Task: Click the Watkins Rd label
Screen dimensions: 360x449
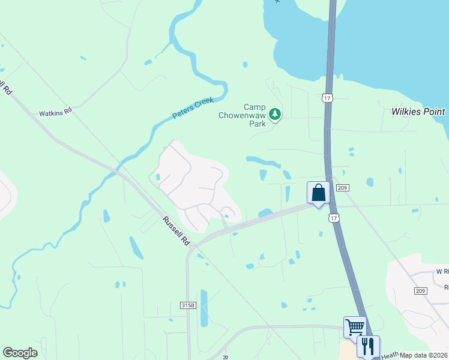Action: coord(55,112)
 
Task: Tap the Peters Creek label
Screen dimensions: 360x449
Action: coord(193,107)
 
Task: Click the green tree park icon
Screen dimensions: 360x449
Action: coord(275,113)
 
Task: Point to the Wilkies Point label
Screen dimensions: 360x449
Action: coord(418,112)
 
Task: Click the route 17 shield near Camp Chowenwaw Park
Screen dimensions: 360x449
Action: coord(327,97)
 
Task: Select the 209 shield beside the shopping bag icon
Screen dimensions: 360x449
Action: coord(343,188)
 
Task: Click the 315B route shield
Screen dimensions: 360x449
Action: coord(188,305)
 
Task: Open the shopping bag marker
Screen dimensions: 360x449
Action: coord(318,193)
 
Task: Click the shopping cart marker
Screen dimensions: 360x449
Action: coord(354,328)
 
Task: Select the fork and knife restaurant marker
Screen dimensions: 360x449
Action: coord(368,346)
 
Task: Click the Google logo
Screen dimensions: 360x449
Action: coord(20,353)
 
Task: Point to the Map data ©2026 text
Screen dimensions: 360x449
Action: coord(424,355)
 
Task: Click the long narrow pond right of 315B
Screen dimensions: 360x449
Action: coord(203,308)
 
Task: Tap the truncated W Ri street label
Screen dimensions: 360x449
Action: coord(442,271)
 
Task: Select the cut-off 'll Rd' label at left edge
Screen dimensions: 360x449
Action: coord(7,89)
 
